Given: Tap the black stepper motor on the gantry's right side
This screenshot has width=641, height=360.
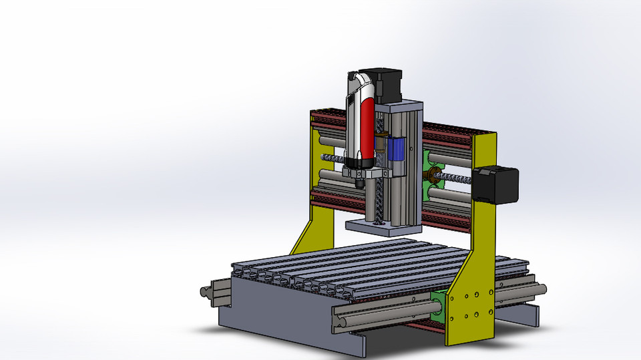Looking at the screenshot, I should (x=496, y=184).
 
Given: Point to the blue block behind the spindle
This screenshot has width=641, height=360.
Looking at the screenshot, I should (x=397, y=149).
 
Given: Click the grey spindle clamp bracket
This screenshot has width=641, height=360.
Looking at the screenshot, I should (x=364, y=172).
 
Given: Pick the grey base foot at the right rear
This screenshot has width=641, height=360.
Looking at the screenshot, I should (x=530, y=315).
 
